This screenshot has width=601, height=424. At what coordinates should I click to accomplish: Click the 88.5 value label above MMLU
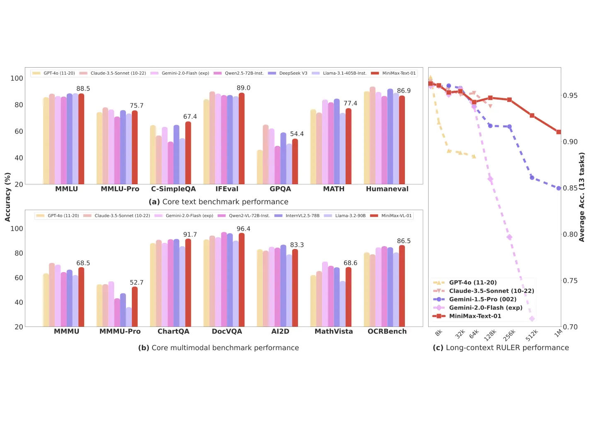[x=83, y=89]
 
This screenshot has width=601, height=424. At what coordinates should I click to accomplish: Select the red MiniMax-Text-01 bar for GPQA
[x=295, y=162]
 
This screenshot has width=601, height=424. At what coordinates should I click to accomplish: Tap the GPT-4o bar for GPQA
[x=260, y=167]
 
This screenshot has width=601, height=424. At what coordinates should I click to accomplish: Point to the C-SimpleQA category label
[x=173, y=189]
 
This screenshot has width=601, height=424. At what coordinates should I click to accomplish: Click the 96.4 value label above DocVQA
[x=243, y=229]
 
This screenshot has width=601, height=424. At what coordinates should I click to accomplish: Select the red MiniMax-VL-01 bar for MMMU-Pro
[x=135, y=307]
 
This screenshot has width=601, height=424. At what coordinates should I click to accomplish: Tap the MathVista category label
[x=334, y=331]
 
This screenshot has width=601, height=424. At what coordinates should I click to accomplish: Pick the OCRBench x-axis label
[x=387, y=331]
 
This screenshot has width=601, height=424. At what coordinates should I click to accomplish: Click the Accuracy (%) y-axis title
[x=7, y=197]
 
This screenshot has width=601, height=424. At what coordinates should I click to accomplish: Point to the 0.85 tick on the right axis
[x=570, y=188]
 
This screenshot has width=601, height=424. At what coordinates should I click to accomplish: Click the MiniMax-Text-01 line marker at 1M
[x=558, y=132]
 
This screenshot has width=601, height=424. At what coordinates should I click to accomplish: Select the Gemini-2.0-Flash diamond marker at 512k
[x=532, y=319]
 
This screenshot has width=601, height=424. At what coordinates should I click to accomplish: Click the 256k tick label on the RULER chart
[x=509, y=335]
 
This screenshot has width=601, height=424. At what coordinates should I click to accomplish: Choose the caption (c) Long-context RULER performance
[x=501, y=348]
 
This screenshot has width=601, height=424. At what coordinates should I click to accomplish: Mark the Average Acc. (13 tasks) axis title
[x=582, y=197]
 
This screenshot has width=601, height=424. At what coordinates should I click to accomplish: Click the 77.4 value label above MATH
[x=350, y=103]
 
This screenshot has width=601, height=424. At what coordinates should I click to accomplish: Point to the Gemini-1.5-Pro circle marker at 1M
[x=558, y=188]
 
